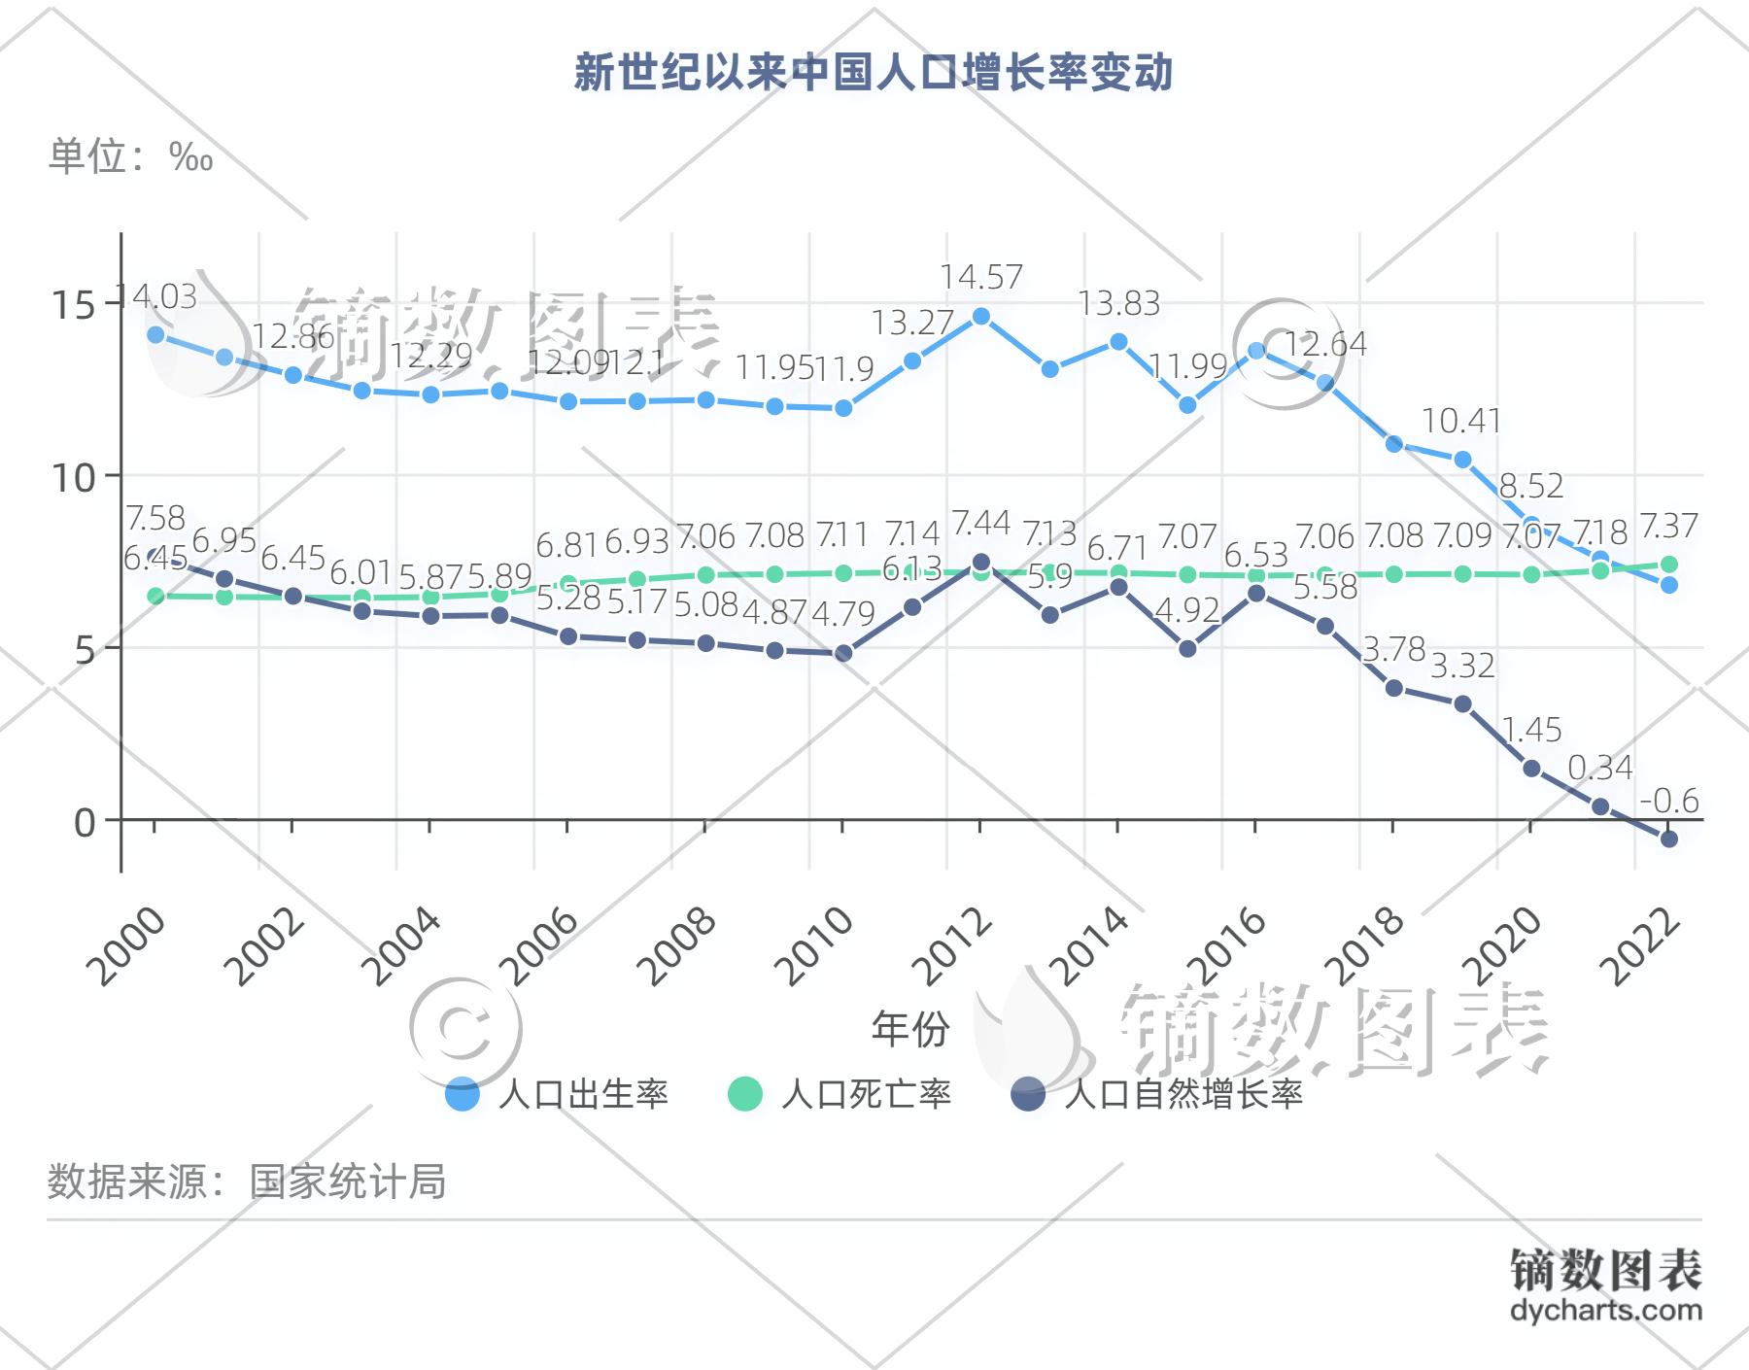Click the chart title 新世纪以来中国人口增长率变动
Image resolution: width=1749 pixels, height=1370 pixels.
(874, 74)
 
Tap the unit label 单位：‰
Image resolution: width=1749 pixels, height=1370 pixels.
(131, 156)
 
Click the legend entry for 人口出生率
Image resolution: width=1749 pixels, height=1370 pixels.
(557, 1095)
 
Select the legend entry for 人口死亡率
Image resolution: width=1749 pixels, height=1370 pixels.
(840, 1095)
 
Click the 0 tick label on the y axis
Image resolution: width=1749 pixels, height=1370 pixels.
(86, 822)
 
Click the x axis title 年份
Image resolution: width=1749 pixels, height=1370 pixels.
(909, 1029)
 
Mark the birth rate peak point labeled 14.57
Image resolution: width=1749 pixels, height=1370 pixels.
(980, 317)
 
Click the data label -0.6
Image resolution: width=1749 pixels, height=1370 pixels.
(1669, 801)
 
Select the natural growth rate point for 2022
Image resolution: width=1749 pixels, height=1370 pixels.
(1668, 839)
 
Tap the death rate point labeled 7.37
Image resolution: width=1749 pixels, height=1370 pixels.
(1668, 565)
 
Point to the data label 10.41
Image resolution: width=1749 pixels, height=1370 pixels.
(1461, 421)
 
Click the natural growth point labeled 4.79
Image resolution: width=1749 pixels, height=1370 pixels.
(843, 654)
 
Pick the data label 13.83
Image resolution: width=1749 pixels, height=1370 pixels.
(1119, 303)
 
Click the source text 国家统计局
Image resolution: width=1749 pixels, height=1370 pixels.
(347, 1182)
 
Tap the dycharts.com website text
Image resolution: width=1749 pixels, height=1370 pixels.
(1606, 1309)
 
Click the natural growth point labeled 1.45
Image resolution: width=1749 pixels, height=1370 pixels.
(1531, 769)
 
